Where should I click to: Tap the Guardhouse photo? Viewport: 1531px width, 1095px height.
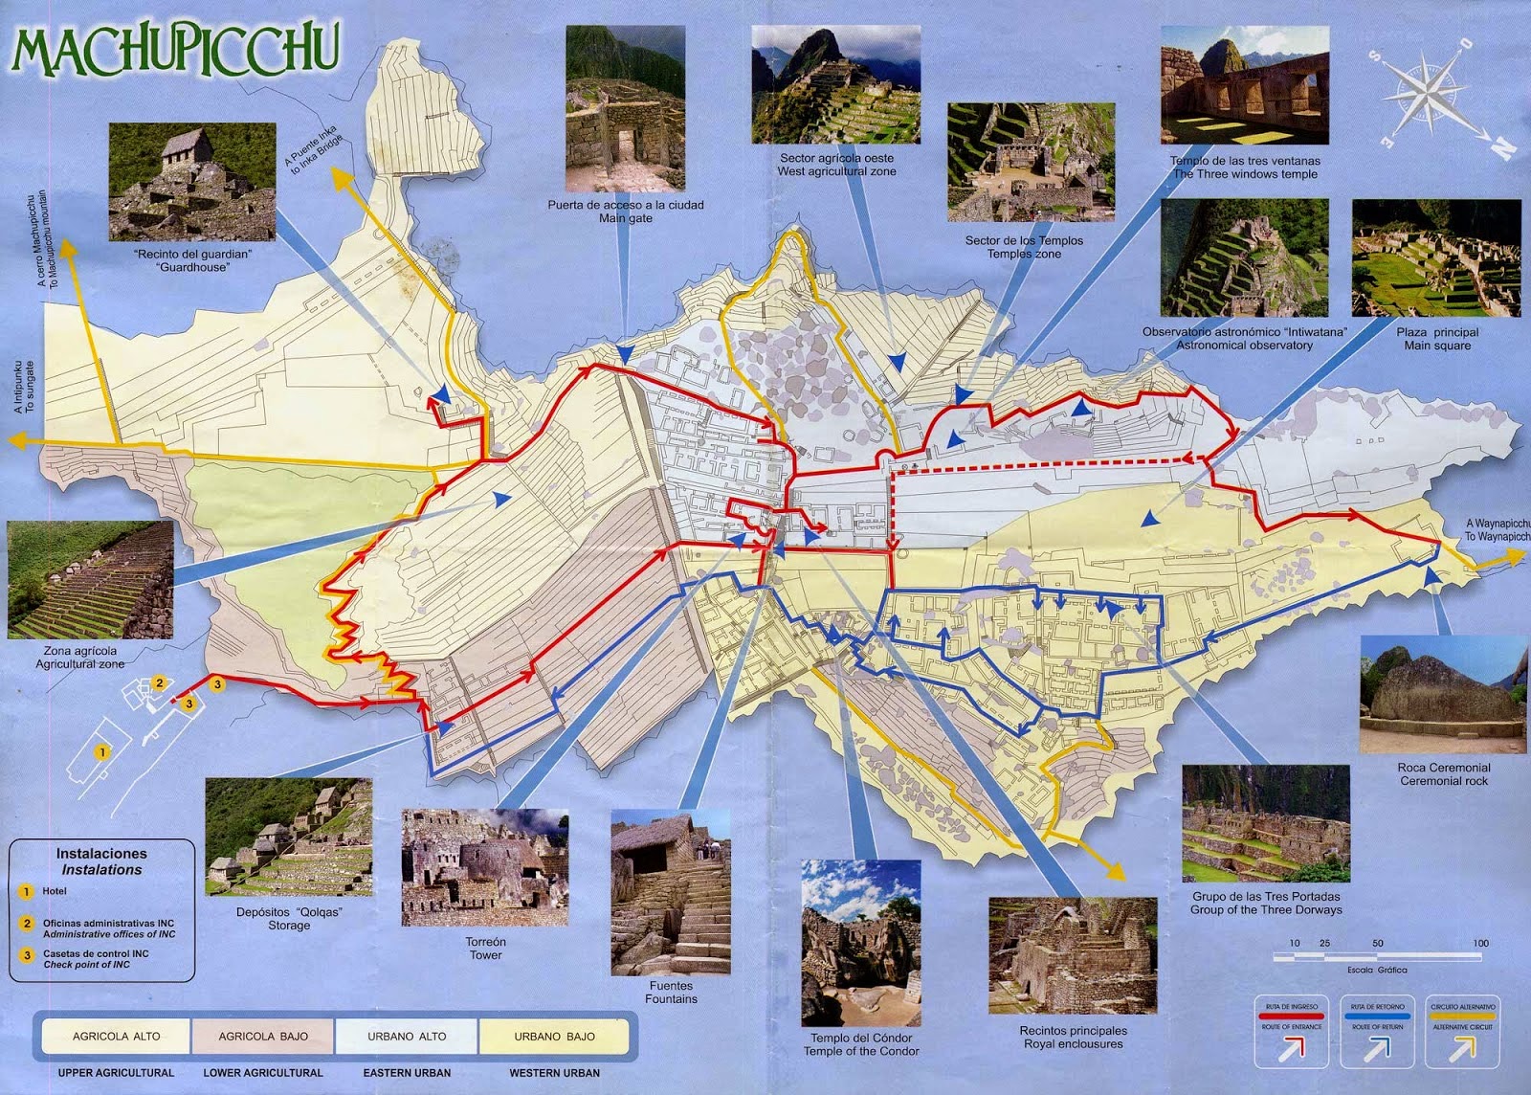pos(191,182)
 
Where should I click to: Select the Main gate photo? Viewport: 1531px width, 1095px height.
pos(625,108)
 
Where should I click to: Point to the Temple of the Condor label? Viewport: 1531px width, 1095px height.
pos(861,1044)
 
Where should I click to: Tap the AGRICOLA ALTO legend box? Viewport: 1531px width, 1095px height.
pos(117,1036)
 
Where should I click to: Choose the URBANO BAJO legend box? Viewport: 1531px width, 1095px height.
pos(554,1036)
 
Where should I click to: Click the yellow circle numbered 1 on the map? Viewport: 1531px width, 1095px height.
pos(102,752)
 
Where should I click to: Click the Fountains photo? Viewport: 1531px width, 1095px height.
pos(671,892)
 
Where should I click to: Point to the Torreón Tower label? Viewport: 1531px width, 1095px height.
pos(485,948)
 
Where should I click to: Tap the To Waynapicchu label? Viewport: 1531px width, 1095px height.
pos(1498,530)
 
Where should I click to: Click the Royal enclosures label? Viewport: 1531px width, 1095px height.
pos(1073,1037)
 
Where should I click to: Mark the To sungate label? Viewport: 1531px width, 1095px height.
pos(24,388)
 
